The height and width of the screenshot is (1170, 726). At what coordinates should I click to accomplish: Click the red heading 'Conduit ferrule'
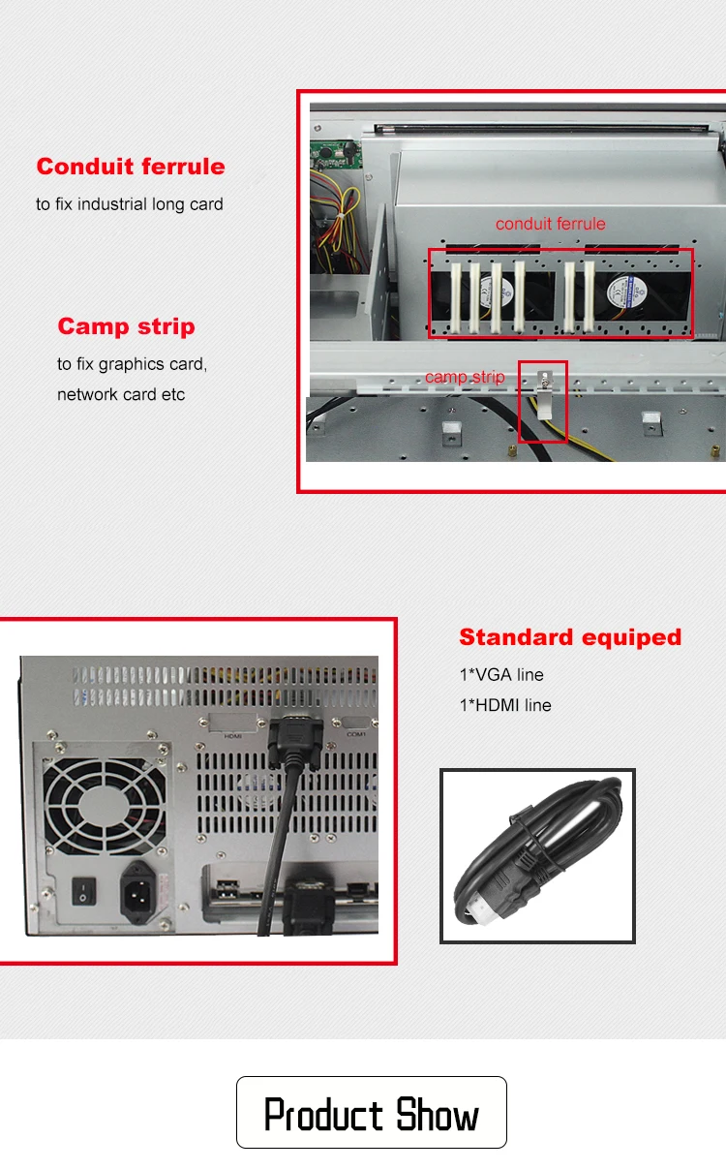[131, 167]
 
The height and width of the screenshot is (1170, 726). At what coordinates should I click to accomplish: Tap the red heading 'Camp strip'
[126, 326]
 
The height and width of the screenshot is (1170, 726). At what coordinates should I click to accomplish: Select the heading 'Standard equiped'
[570, 637]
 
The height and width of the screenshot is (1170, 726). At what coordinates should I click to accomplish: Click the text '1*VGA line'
[501, 675]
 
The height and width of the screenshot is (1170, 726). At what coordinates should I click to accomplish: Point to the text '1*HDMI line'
[505, 705]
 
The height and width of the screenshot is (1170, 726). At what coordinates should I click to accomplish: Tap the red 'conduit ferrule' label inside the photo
[550, 224]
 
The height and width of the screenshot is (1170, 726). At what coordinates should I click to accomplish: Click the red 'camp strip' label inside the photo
[465, 377]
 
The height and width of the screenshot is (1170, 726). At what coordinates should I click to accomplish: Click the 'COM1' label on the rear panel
[357, 735]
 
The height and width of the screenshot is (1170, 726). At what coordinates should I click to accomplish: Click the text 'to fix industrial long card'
[130, 204]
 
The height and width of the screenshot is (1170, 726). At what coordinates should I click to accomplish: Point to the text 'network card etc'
[121, 394]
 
